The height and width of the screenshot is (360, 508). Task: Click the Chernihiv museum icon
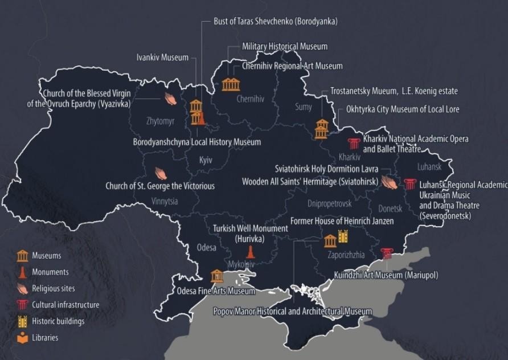[231, 84]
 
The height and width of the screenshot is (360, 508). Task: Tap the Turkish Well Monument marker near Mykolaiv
[249, 252]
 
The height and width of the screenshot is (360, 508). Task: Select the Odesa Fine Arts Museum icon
[217, 276]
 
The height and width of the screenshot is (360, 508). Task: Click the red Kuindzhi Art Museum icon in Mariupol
[387, 252]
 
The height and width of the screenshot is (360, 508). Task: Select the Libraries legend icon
[22, 337]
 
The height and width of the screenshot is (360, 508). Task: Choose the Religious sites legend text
[53, 289]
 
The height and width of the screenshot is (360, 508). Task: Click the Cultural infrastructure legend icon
[22, 305]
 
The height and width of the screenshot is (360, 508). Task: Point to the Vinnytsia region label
[165, 201]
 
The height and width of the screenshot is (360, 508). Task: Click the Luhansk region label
[429, 167]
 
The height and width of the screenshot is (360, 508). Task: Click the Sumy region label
[304, 107]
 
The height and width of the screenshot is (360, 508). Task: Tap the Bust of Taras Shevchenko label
[276, 21]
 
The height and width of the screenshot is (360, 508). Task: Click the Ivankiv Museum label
[162, 58]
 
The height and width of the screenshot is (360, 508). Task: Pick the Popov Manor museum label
[292, 311]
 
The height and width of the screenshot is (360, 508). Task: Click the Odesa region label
[207, 248]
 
